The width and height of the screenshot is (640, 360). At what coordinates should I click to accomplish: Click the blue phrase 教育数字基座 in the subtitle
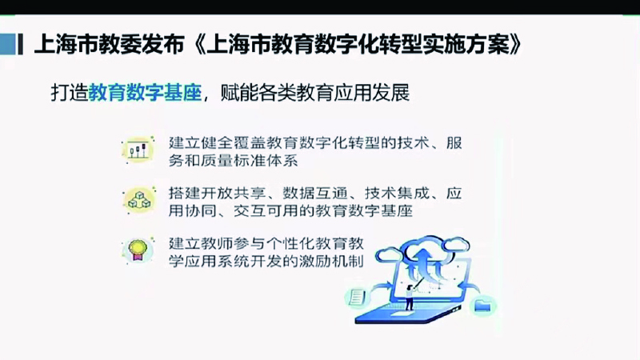coord(146,93)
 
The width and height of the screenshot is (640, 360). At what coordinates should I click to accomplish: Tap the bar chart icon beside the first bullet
coord(138,150)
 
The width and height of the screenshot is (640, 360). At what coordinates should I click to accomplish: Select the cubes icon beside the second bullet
coord(138,201)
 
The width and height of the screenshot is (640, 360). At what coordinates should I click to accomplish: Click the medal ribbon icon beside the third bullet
coord(138,250)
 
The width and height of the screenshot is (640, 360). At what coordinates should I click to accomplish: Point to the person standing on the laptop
coord(409,297)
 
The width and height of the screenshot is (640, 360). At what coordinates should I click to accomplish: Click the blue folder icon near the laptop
coord(484,306)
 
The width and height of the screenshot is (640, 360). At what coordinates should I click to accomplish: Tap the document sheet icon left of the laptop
coord(357,296)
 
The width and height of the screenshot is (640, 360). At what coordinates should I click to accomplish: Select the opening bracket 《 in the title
coord(198,44)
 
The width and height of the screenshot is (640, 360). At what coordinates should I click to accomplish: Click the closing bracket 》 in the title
coord(515,44)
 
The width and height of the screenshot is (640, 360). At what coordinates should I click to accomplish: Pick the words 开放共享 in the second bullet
coord(233,193)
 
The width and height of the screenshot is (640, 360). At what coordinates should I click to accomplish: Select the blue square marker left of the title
coord(8,44)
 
